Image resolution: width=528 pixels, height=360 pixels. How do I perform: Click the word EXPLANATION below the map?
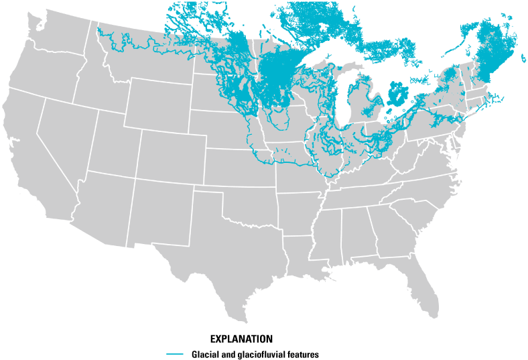pyautogui.click(x=241, y=338)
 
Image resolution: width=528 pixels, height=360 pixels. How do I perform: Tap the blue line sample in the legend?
pyautogui.click(x=175, y=353)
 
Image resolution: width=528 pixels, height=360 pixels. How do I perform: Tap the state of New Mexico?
pyautogui.click(x=157, y=211)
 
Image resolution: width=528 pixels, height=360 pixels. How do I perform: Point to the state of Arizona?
pyautogui.click(x=101, y=204)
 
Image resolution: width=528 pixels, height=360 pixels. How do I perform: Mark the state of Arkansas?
pyautogui.click(x=298, y=215)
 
